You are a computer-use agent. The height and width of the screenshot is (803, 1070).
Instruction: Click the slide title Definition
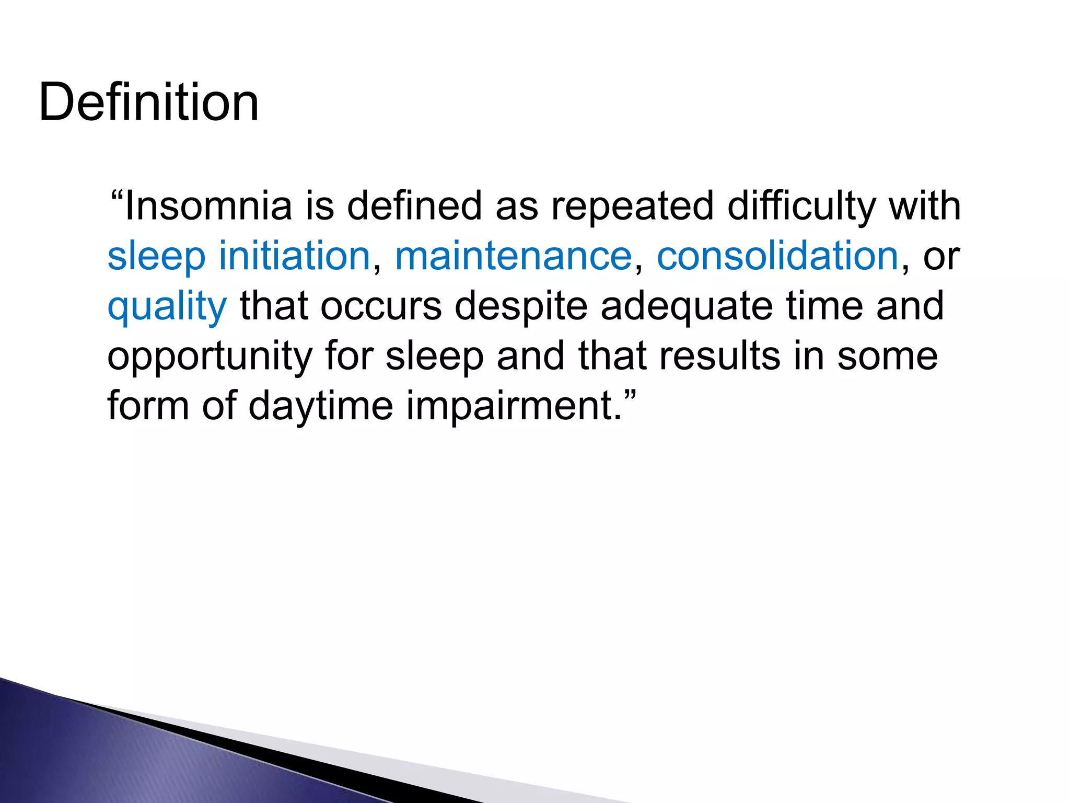pyautogui.click(x=149, y=102)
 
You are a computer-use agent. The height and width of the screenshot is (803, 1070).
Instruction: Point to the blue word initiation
pyautogui.click(x=294, y=256)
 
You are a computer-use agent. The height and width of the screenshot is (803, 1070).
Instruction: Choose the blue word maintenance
pyautogui.click(x=513, y=256)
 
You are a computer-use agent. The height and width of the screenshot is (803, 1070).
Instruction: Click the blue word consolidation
pyautogui.click(x=777, y=256)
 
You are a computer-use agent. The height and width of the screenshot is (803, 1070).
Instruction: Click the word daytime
pyautogui.click(x=320, y=406)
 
